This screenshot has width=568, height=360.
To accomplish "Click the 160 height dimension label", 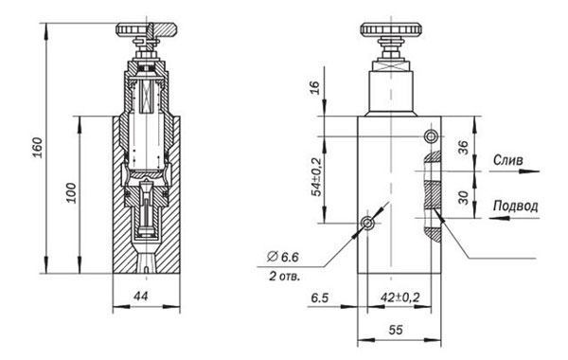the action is point(38,148).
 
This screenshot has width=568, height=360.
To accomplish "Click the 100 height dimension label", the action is point(71,193).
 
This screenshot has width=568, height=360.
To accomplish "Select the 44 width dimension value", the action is point(140,297).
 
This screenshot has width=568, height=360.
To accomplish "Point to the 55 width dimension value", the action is point(396,330).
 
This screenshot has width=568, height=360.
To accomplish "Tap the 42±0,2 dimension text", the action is point(400,297).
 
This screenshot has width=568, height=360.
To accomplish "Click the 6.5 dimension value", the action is point(320,297).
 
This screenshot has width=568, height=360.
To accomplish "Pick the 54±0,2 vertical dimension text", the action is point(316,177).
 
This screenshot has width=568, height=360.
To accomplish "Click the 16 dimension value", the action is point(315,87).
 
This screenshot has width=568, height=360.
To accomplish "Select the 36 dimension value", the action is point(463,147).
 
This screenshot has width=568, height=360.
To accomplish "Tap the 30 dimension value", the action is point(463,198).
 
